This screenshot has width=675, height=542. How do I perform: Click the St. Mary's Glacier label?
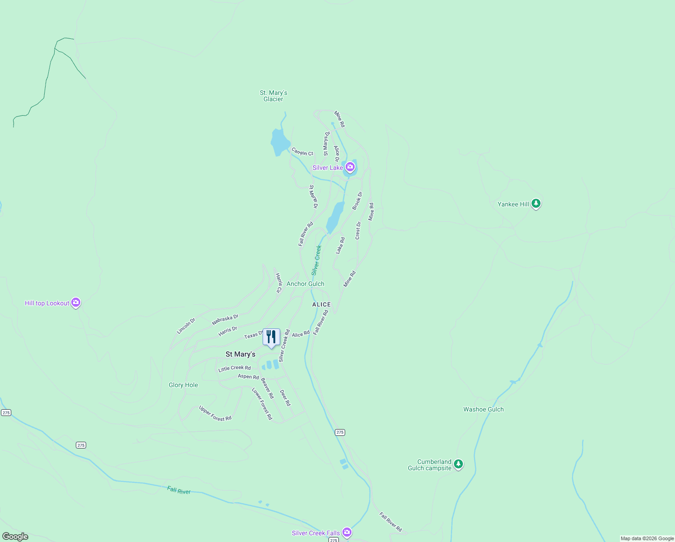pos(273,96)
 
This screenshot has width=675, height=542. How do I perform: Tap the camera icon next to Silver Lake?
pos(350,167)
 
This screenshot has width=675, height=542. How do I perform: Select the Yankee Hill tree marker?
pos(536,204)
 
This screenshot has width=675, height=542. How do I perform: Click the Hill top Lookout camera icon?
pos(76,303)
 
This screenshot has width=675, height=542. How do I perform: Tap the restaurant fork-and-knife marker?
pos(271,337)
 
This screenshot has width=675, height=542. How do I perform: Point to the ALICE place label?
pos(321,304)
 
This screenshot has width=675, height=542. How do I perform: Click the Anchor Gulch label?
pos(305,284)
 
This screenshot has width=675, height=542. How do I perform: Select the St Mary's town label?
pos(240,354)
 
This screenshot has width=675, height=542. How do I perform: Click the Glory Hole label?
pos(183,385)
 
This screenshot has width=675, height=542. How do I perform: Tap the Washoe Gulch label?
pos(483,409)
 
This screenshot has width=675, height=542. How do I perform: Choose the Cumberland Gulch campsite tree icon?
pos(458,464)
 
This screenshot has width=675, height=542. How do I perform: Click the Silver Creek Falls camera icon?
pos(347,533)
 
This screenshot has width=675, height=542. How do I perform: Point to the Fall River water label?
pos(179,491)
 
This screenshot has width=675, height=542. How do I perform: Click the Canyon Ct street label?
pos(302,152)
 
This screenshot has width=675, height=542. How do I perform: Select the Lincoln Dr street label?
pos(186,326)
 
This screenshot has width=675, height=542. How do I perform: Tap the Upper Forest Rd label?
pos(215,413)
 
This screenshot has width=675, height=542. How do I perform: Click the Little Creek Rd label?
pos(235,368)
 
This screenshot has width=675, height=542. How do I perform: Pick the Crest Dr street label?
pos(358,230)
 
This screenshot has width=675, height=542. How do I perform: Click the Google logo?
pos(15,537)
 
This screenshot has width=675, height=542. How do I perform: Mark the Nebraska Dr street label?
pos(225,320)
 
